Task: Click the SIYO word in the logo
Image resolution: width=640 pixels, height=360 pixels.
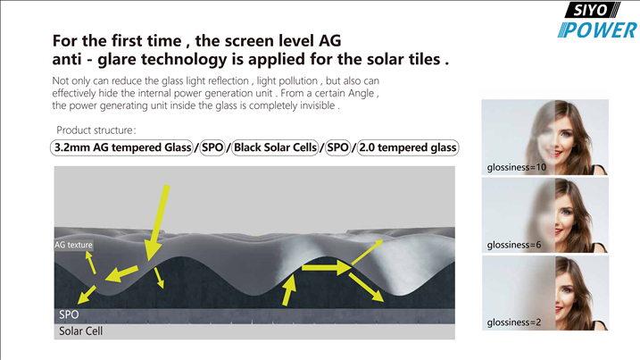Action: (x=591, y=10)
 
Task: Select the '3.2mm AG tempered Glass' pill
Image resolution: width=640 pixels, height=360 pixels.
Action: (x=121, y=147)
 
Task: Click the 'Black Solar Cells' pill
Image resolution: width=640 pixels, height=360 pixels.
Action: (x=276, y=147)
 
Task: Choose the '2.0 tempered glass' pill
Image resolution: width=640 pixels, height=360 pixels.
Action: (x=408, y=147)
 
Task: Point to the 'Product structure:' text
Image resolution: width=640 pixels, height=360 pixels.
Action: (x=96, y=130)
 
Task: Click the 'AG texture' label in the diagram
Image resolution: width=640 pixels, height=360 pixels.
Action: (x=73, y=245)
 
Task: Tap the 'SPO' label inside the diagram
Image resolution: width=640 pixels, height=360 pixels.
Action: (x=69, y=314)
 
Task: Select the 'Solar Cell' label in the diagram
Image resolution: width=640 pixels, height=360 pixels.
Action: (x=81, y=331)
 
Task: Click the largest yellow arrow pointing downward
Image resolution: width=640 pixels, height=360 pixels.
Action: (x=157, y=223)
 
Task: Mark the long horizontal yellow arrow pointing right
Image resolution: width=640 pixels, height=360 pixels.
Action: (x=326, y=268)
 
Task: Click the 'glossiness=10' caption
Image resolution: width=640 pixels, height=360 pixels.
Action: (x=516, y=168)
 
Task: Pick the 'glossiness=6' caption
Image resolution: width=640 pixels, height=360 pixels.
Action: (x=514, y=245)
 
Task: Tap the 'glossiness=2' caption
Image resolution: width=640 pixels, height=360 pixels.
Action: (x=514, y=322)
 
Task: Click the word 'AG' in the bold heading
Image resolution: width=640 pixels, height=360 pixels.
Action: (x=329, y=41)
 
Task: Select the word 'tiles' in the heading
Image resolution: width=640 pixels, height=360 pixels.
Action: (x=424, y=59)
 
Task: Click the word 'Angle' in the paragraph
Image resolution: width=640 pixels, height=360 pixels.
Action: (x=362, y=94)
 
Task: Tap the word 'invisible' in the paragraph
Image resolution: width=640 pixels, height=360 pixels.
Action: (x=318, y=105)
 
